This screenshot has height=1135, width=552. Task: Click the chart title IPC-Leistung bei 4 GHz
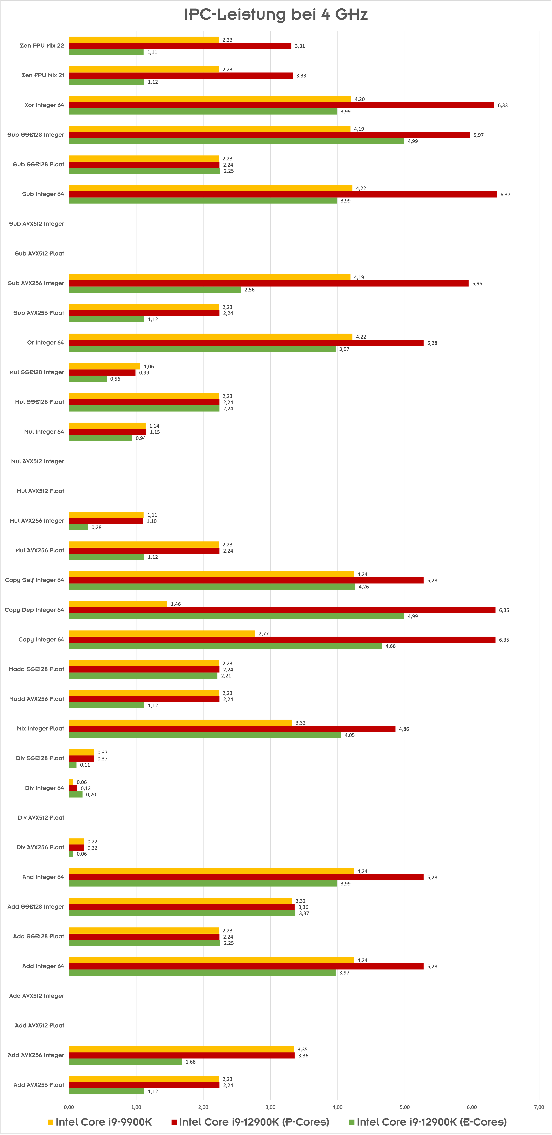coord(276,15)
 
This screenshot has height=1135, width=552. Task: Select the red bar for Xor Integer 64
coord(282,105)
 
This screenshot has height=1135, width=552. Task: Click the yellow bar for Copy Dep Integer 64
coord(118,604)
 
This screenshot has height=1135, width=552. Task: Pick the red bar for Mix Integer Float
coord(232,729)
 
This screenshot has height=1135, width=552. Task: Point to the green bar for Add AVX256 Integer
coord(126,1062)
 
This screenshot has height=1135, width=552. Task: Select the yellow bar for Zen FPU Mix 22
coord(144,40)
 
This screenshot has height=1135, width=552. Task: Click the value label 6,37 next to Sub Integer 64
coord(505,194)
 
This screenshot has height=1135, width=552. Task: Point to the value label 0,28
coord(96,527)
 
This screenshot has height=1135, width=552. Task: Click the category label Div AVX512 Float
coord(41,818)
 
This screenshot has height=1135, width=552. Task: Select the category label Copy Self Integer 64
coord(34,580)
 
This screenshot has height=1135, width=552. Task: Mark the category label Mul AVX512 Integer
coord(37,461)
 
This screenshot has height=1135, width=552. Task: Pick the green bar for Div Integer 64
coord(76,794)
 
